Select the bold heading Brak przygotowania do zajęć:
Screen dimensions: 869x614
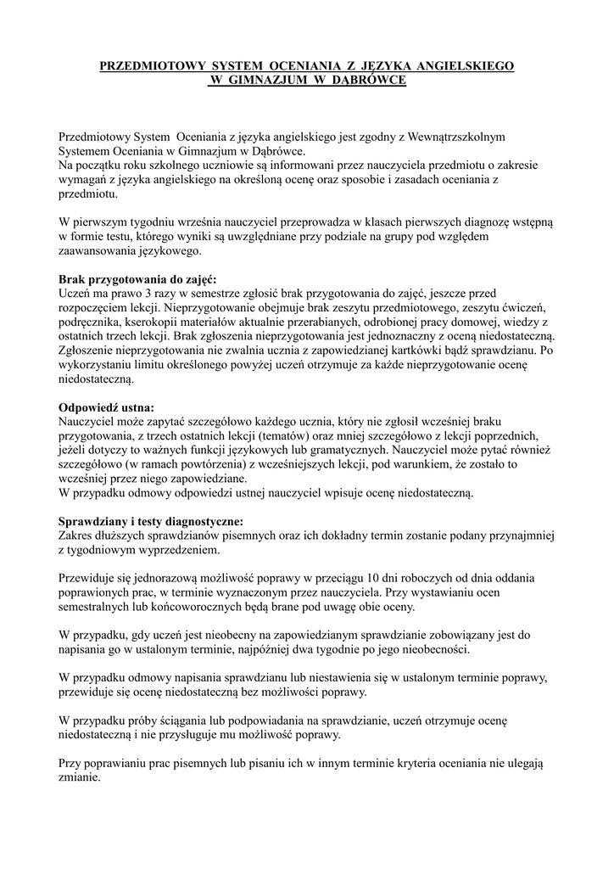[x=137, y=278]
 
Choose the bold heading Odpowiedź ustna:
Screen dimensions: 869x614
[x=106, y=406]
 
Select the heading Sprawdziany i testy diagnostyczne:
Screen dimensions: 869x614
[x=150, y=520]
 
